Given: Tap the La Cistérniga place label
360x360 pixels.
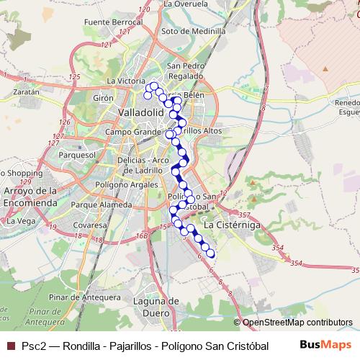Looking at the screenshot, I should (x=233, y=225).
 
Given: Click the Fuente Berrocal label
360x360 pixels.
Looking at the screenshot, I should (x=109, y=22).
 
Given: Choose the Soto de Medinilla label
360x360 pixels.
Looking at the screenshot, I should (x=188, y=31).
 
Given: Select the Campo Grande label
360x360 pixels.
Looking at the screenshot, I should (x=132, y=132).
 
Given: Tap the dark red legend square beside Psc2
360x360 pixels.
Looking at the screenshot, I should (x=9, y=345).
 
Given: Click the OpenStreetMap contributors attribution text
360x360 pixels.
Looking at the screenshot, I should (x=297, y=322).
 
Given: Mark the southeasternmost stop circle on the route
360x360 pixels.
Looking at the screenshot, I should (x=211, y=253).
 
